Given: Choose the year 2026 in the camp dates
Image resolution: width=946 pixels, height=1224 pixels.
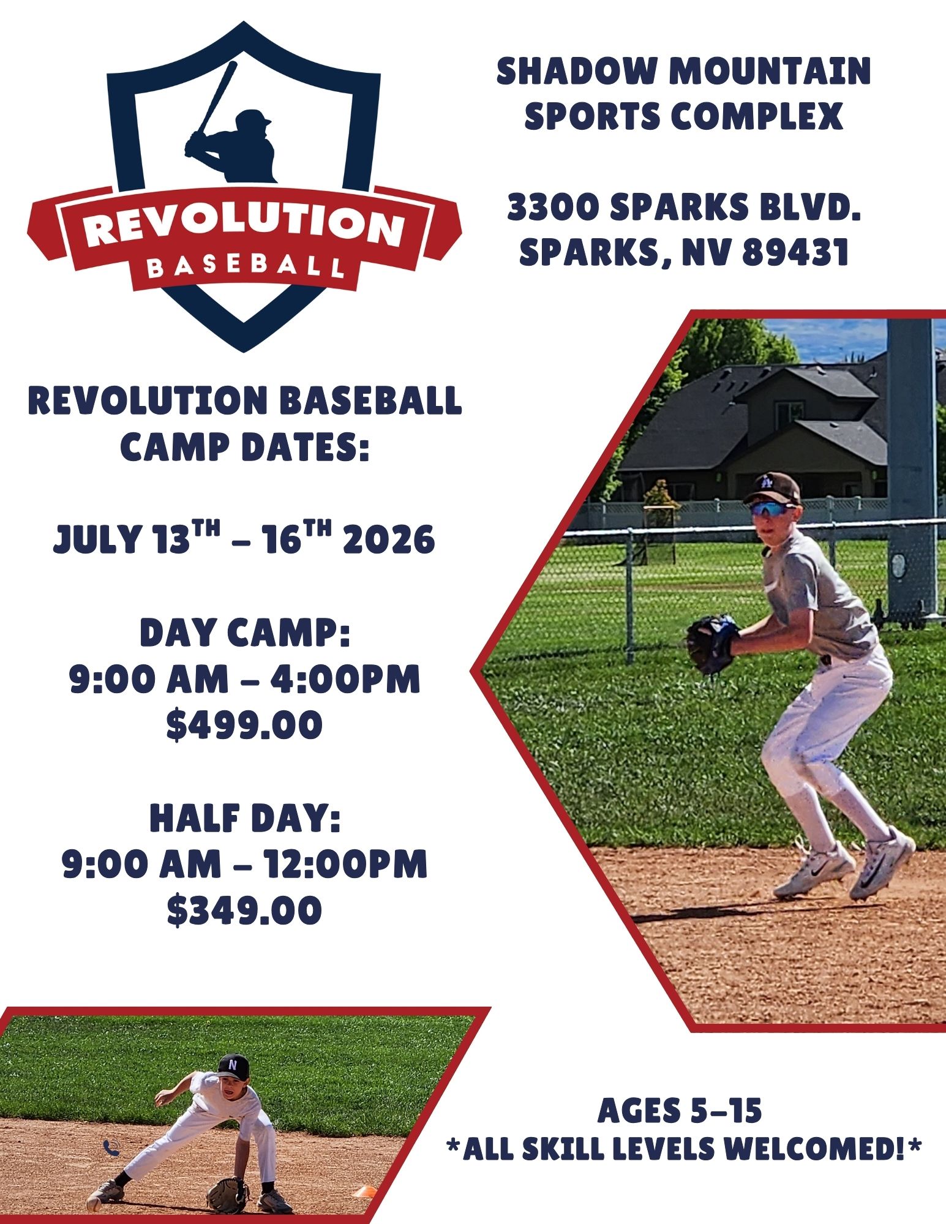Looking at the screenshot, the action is point(389,540).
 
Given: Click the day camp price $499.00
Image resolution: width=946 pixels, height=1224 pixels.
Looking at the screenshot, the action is point(244,725).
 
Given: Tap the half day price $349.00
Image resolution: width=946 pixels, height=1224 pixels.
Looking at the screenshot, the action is point(244,910).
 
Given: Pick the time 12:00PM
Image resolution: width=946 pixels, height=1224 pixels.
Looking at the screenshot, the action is point(345,863).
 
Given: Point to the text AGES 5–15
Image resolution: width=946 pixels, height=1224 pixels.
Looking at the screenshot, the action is point(680,1110).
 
